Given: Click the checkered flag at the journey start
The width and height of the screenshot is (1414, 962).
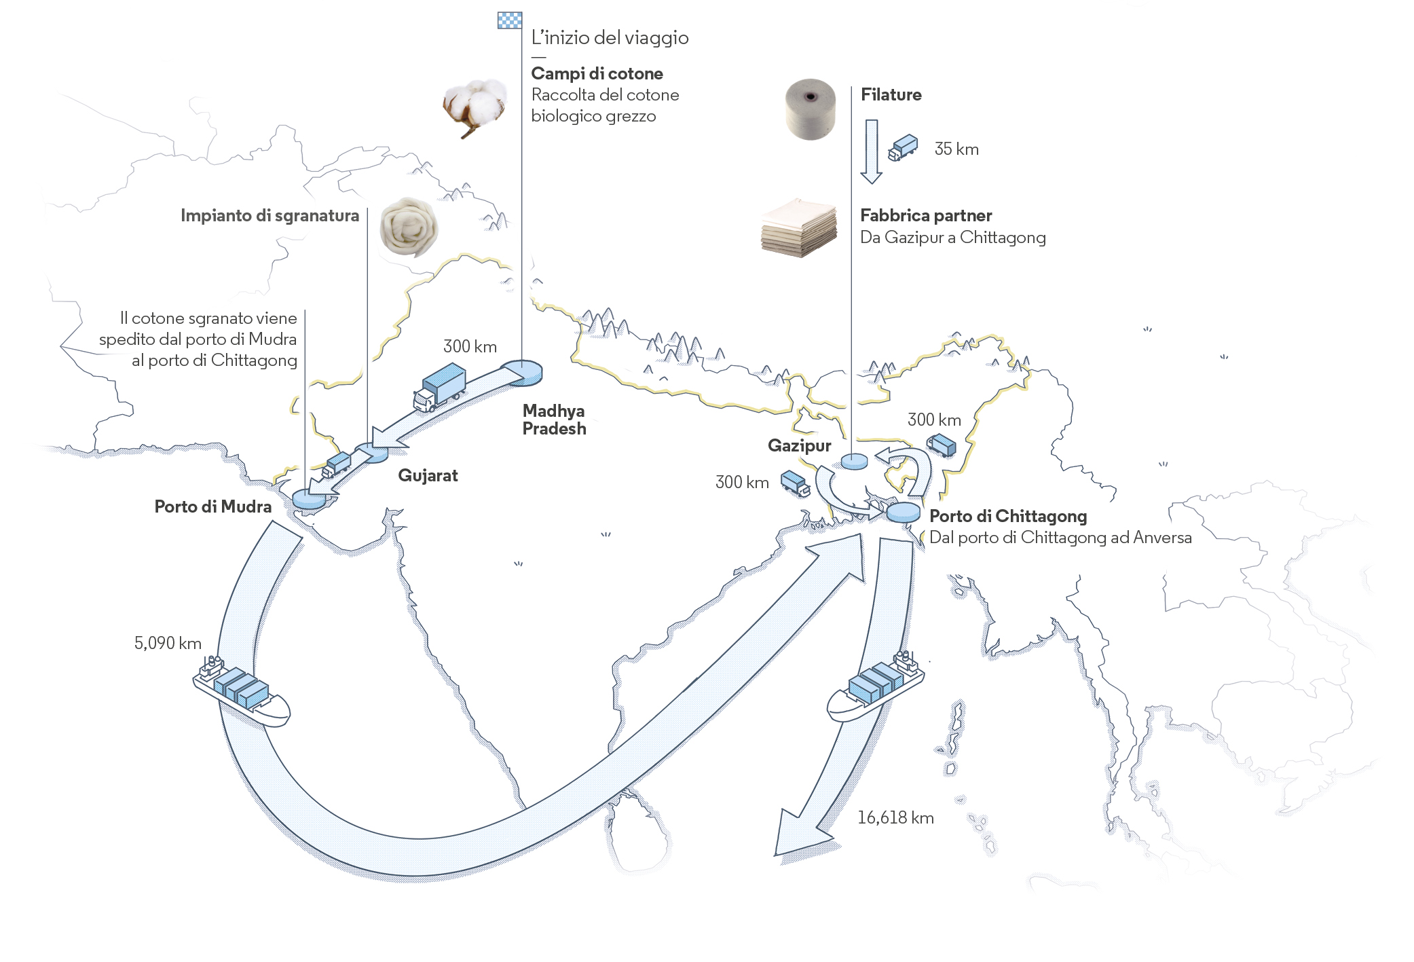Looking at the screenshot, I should pyautogui.click(x=510, y=20).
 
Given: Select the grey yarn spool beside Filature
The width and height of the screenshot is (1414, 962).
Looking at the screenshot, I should pyautogui.click(x=810, y=109).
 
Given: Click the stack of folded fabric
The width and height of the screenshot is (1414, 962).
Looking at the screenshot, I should pyautogui.click(x=798, y=228).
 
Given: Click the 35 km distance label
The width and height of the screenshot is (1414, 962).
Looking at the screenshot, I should pyautogui.click(x=956, y=149).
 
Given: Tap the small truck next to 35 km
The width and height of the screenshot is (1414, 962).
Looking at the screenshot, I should pyautogui.click(x=903, y=147).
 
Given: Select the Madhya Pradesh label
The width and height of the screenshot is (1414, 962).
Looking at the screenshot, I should pyautogui.click(x=554, y=420).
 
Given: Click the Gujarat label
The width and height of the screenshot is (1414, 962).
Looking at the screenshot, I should pyautogui.click(x=428, y=475).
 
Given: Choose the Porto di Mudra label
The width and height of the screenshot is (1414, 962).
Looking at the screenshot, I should pyautogui.click(x=212, y=506).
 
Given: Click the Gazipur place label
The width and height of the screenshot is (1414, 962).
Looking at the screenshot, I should pyautogui.click(x=799, y=445).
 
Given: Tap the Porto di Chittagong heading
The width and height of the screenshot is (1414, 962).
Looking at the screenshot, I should pyautogui.click(x=1007, y=516).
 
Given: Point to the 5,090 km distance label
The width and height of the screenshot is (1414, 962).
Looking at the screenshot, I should pyautogui.click(x=168, y=643).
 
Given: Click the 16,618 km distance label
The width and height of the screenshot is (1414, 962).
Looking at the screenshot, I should pyautogui.click(x=895, y=817).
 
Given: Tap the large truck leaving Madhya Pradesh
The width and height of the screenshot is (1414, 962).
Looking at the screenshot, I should pyautogui.click(x=440, y=388).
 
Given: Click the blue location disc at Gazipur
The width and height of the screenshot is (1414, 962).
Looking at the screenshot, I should pyautogui.click(x=854, y=462).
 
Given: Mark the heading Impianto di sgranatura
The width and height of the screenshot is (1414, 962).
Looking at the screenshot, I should pyautogui.click(x=269, y=215).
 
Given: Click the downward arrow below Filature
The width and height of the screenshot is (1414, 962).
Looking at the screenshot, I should pyautogui.click(x=872, y=151).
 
